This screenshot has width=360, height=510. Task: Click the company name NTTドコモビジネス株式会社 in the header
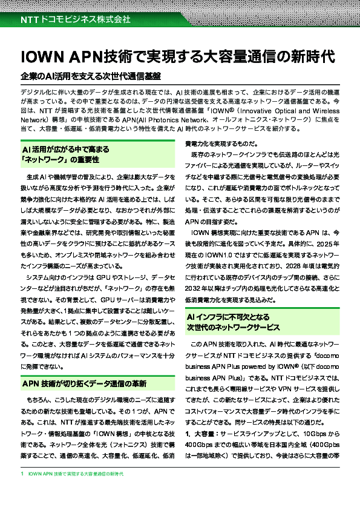(x=76, y=19)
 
